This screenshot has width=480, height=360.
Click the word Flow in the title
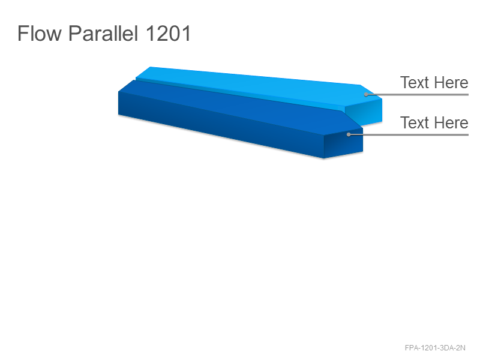(40, 34)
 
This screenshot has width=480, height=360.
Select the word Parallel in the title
(103, 34)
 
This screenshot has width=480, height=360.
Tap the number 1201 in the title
(168, 34)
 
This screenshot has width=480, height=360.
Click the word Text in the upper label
(414, 83)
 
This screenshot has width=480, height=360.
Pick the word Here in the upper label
(451, 83)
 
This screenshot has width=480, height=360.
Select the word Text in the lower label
(414, 123)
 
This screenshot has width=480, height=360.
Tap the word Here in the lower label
(451, 123)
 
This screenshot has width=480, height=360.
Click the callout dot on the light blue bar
(366, 94)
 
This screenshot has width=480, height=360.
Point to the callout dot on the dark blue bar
(349, 134)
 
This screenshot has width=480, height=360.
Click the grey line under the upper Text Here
(417, 94)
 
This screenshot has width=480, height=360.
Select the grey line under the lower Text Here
(409, 134)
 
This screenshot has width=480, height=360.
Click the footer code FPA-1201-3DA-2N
(435, 348)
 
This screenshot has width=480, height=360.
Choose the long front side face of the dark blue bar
(220, 125)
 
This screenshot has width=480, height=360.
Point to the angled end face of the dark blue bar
(343, 143)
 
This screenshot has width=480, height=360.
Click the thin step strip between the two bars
(239, 94)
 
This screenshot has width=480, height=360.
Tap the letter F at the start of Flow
(22, 34)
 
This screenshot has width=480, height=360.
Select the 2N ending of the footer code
(461, 348)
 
